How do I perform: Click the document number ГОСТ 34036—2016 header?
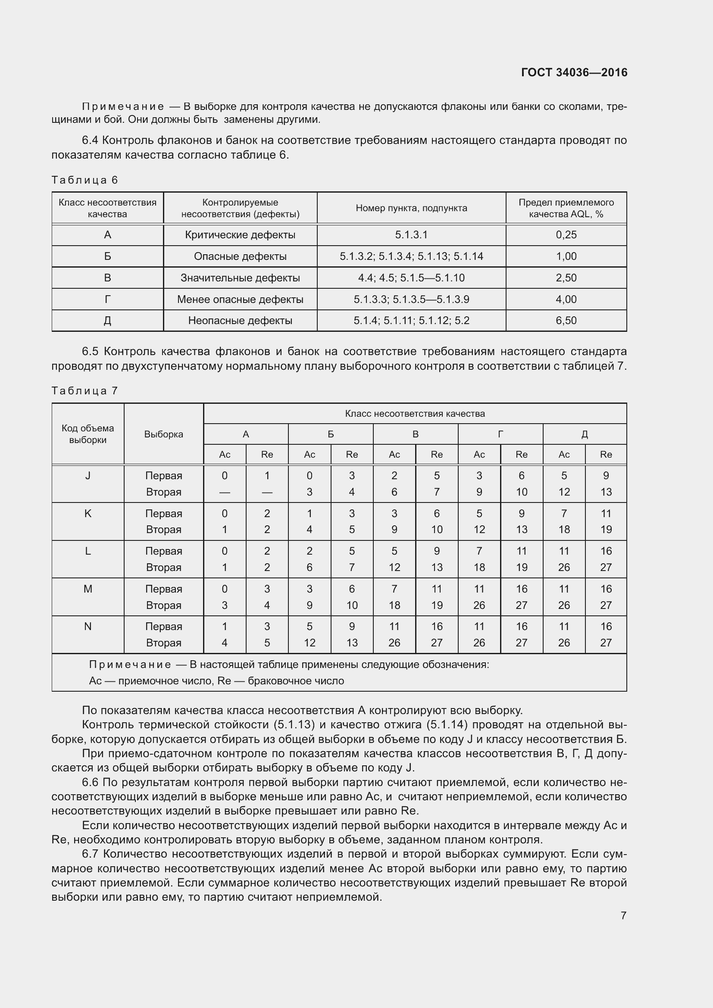574,72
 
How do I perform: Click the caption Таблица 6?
85,180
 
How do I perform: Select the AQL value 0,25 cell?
566,235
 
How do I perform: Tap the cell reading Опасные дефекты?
240,256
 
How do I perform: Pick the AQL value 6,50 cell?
566,321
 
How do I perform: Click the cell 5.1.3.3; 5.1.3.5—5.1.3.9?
411,300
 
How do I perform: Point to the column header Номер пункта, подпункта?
411,208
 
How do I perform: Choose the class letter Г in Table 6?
108,300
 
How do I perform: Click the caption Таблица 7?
85,391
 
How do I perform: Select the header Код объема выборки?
88,434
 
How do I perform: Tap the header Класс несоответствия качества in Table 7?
414,414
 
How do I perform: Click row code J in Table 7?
88,475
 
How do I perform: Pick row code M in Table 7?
88,589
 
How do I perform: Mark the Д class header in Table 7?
585,434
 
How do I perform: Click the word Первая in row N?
163,627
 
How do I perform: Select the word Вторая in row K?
163,530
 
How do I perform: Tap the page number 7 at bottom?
623,915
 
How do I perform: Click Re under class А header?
267,454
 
